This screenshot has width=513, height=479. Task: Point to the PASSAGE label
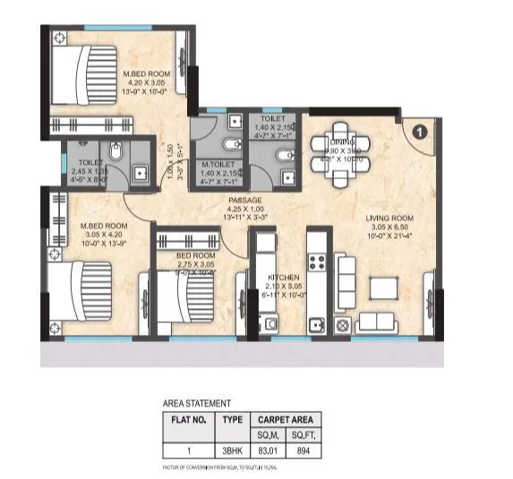click(244, 200)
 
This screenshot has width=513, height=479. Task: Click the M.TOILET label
click(218, 164)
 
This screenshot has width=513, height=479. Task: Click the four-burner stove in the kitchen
click(316, 261)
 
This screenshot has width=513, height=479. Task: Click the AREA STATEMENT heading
click(194, 403)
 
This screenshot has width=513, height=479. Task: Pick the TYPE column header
click(232, 417)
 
